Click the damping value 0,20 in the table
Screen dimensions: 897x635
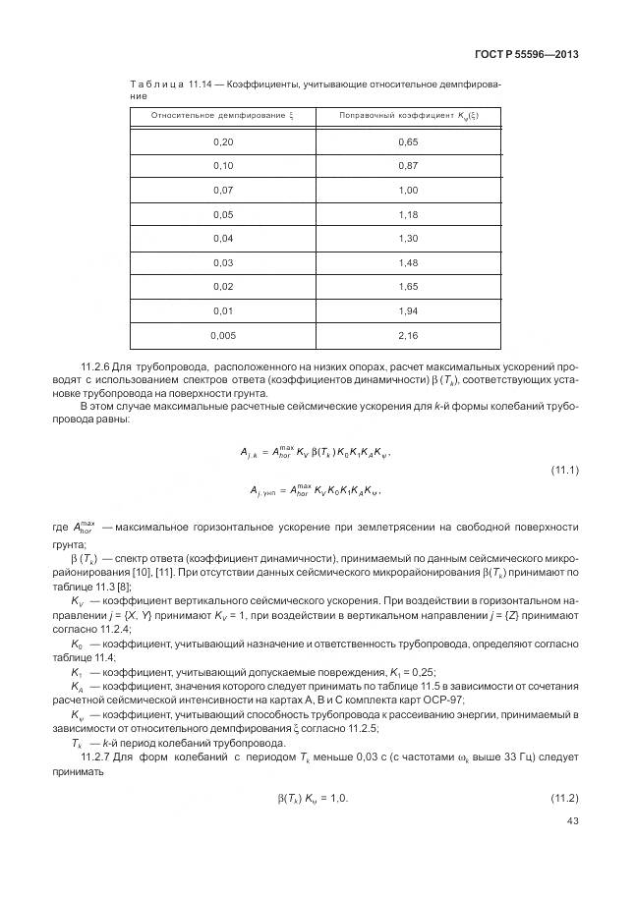223,142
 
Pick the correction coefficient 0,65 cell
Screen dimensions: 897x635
408,142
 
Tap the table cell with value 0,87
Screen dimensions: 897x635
408,166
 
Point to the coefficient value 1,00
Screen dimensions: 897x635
408,190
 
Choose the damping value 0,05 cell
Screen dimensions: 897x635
223,214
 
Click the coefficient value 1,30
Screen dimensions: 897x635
408,238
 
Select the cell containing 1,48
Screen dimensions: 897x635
408,261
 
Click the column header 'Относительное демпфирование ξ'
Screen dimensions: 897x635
222,116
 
